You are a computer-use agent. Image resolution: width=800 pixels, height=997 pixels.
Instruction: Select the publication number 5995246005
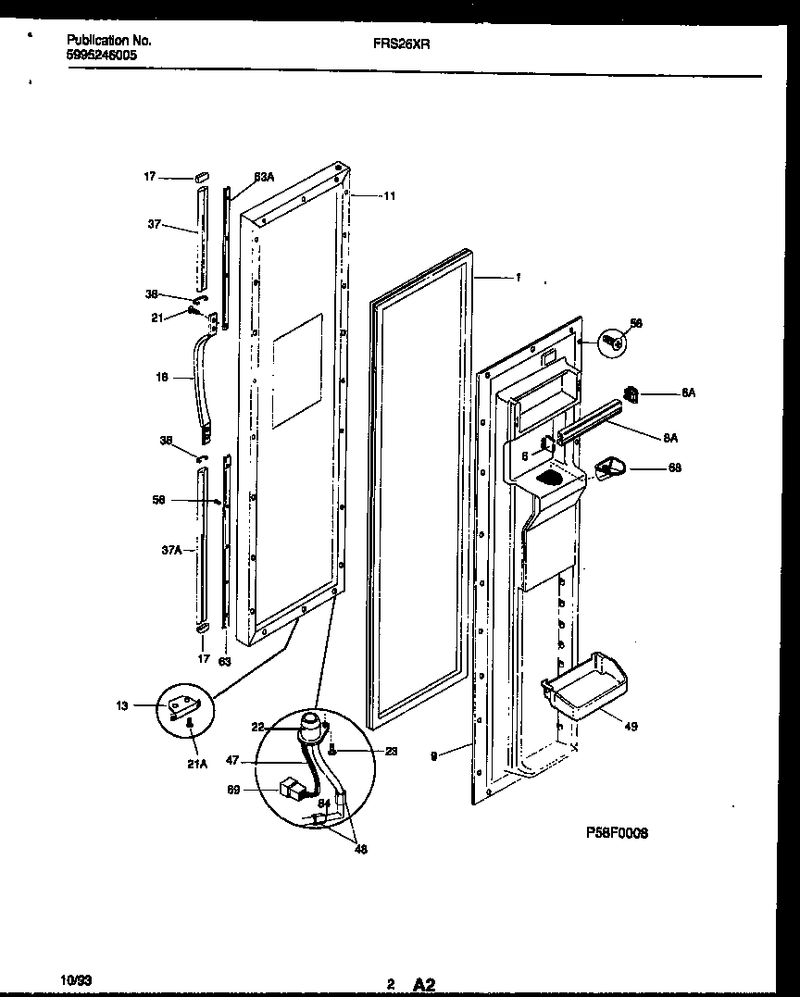click(101, 56)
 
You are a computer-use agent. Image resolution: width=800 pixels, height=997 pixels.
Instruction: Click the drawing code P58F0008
click(617, 833)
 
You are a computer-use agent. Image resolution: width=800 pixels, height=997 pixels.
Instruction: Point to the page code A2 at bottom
click(423, 985)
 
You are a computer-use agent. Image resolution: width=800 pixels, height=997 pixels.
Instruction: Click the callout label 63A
click(264, 177)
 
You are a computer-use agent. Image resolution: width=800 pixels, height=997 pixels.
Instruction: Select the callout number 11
click(389, 196)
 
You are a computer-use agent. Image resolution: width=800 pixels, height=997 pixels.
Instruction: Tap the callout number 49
click(631, 727)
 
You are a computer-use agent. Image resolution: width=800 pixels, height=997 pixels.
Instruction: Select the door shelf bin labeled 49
click(581, 683)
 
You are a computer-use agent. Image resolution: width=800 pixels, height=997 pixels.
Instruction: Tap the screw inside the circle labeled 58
click(612, 343)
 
